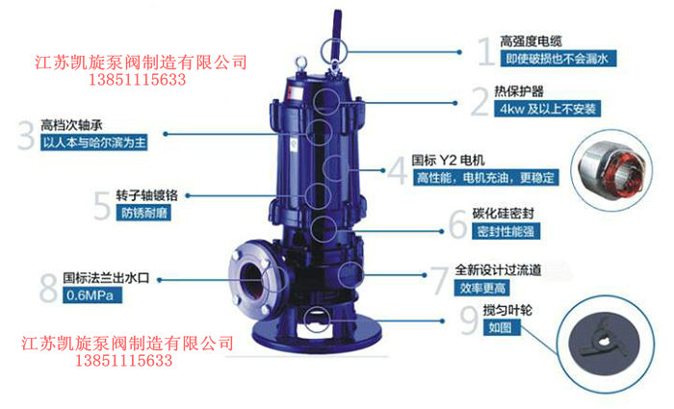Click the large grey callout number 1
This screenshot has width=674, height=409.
pyautogui.click(x=486, y=52)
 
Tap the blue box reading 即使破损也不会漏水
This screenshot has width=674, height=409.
pyautogui.click(x=557, y=59)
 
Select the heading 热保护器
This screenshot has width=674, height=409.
pyautogui.click(x=518, y=90)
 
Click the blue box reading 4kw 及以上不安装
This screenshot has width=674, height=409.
pyautogui.click(x=547, y=108)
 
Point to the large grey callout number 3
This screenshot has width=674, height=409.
pyautogui.click(x=26, y=136)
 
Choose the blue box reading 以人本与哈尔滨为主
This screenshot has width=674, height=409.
pyautogui.click(x=94, y=142)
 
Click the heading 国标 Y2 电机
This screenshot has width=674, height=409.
pyautogui.click(x=448, y=161)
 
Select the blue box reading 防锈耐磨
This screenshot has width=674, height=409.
pyautogui.click(x=143, y=213)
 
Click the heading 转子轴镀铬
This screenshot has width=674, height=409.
pyautogui.click(x=146, y=195)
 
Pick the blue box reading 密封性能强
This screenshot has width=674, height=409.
pyautogui.click(x=505, y=231)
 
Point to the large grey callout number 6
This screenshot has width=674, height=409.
pyautogui.click(x=458, y=224)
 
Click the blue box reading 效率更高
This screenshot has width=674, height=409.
pyautogui.click(x=481, y=288)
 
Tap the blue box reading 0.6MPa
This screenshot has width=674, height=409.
pyautogui.click(x=92, y=295)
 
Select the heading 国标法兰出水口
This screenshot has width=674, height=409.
pyautogui.click(x=106, y=278)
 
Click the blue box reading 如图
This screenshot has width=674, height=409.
pyautogui.click(x=502, y=327)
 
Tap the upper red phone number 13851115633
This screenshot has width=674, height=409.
pyautogui.click(x=137, y=80)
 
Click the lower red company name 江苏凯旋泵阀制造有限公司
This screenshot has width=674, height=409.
pyautogui.click(x=128, y=344)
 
